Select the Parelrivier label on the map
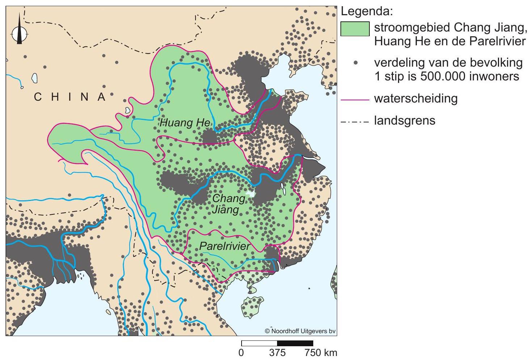point(225,247)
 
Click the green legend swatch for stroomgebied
point(355,29)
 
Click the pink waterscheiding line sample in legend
point(355,99)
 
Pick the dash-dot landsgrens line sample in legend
point(355,121)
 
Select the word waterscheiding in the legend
point(416,99)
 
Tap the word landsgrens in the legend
point(405,120)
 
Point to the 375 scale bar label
point(277,352)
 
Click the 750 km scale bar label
point(321,352)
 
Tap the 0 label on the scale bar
point(242,352)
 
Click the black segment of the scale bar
point(295,343)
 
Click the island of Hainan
point(252,306)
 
